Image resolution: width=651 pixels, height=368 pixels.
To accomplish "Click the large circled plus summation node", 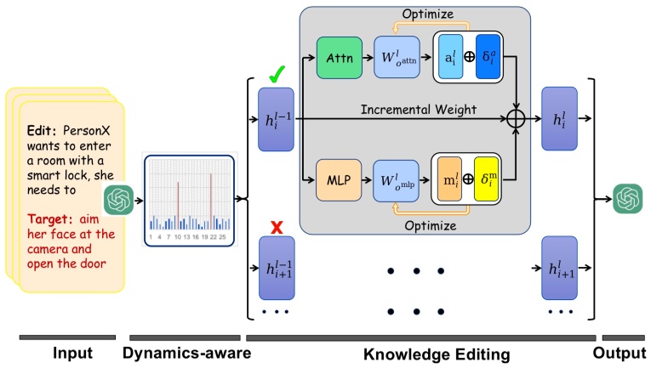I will (x=516, y=119).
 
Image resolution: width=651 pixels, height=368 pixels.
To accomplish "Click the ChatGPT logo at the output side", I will (x=628, y=199).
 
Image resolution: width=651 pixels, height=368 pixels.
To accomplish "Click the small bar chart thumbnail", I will (x=189, y=196).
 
